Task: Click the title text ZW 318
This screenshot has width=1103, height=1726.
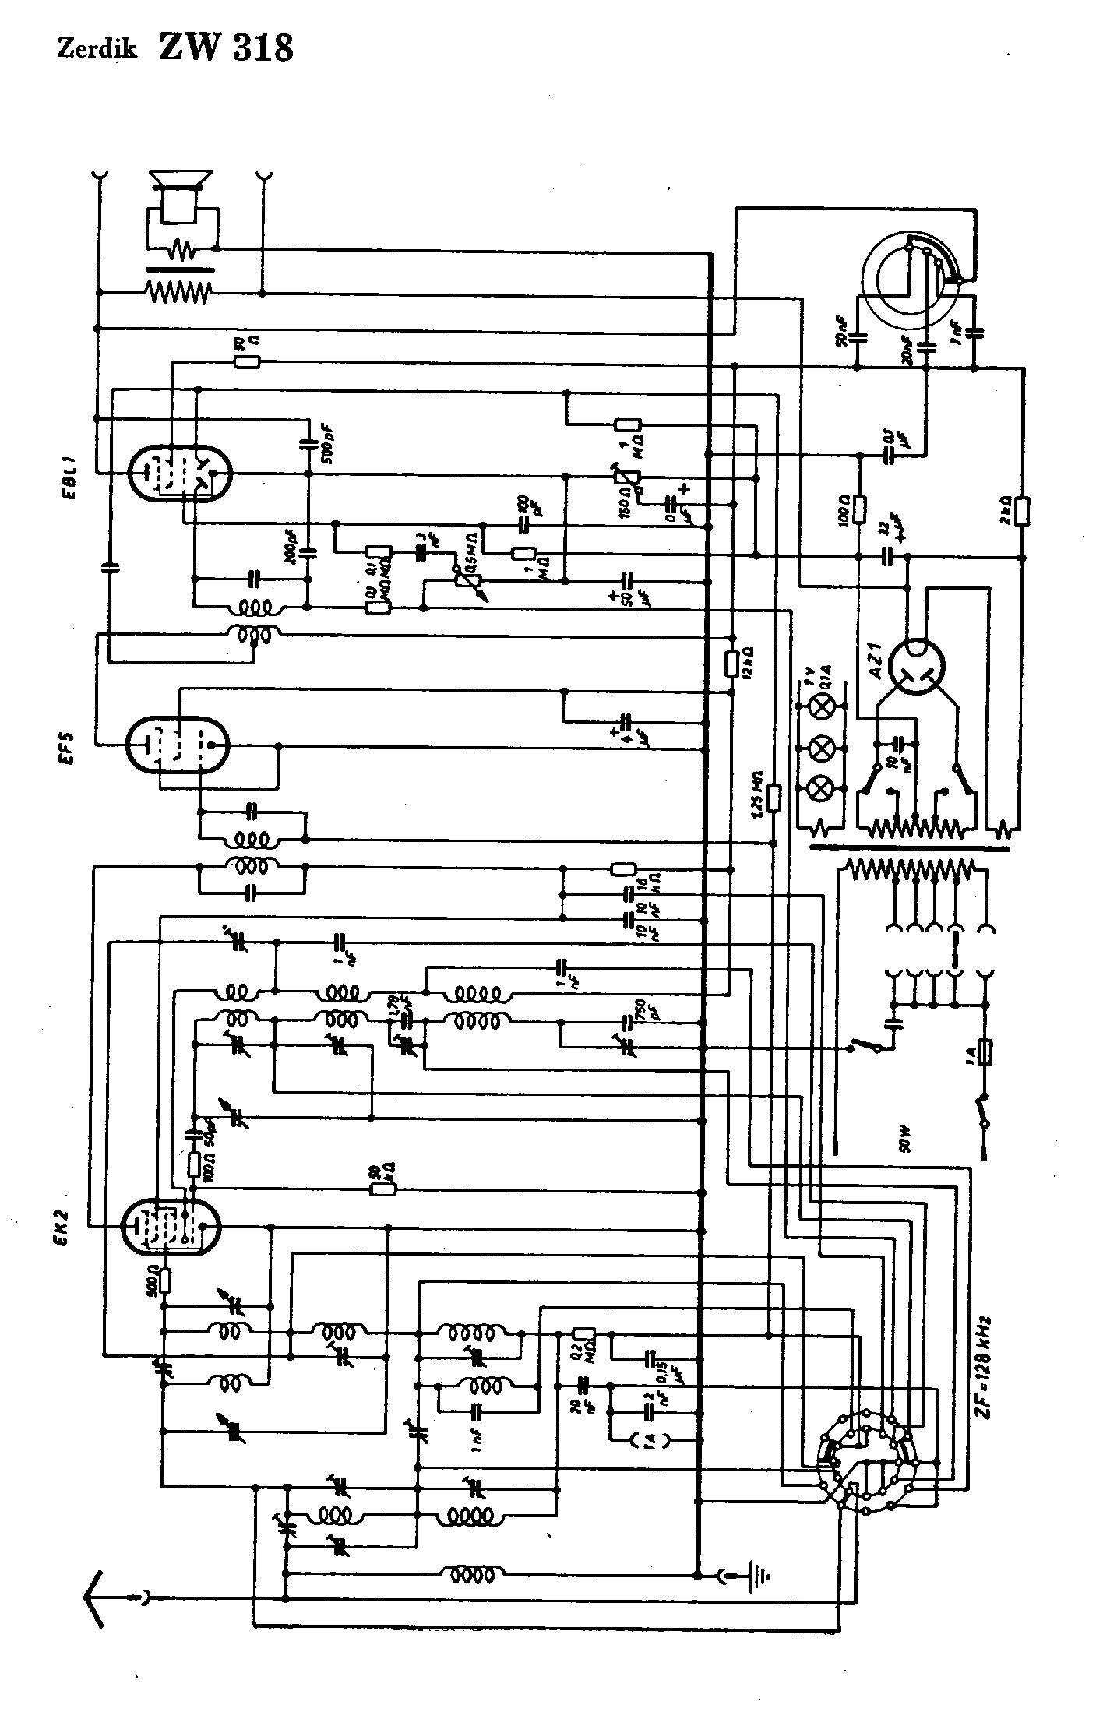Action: pyautogui.click(x=226, y=47)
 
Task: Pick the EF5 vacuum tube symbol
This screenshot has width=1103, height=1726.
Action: pyautogui.click(x=178, y=744)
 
